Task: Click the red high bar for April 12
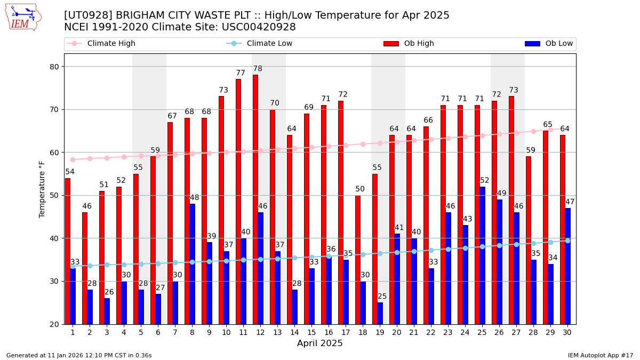point(255,199)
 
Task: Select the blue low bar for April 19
point(380,313)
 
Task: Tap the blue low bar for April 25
point(482,255)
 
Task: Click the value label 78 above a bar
point(258,69)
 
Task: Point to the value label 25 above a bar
point(382,297)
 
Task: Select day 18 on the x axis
point(363,332)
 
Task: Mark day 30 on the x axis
point(567,332)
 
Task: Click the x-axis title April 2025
point(320,343)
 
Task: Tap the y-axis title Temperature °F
point(42,189)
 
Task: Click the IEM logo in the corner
point(23,17)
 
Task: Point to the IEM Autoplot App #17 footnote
point(601,355)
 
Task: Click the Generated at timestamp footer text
point(79,355)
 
